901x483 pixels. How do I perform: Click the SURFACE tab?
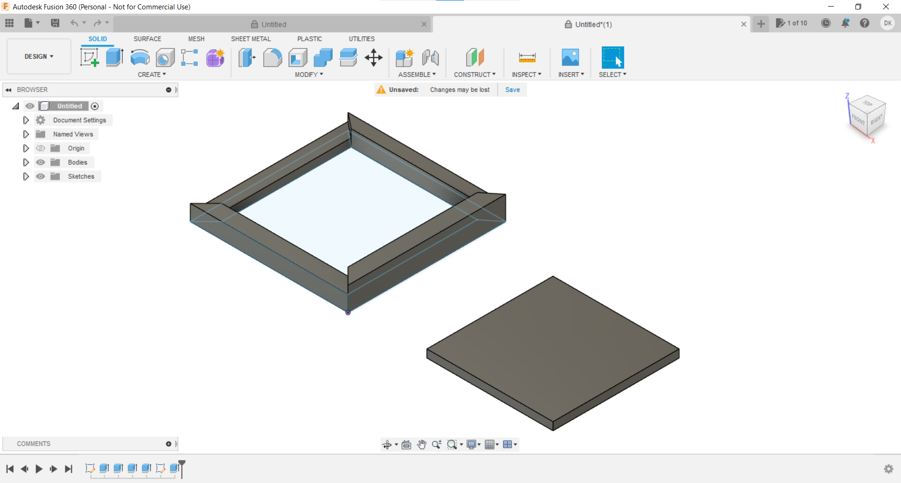coord(147,39)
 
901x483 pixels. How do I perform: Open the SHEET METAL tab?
coord(251,39)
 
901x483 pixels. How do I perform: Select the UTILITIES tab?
coord(361,39)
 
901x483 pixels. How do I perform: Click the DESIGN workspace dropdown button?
coord(39,56)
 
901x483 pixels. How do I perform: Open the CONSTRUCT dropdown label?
coord(474,75)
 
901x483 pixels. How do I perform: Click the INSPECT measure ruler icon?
coord(527,58)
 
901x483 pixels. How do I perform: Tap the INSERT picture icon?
coord(570,58)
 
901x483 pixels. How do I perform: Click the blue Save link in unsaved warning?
coord(512,90)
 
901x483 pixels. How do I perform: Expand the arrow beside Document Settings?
coord(26,120)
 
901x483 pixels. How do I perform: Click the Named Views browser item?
coord(73,134)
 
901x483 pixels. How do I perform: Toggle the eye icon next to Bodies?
coord(41,162)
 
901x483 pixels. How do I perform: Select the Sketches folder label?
coord(81,176)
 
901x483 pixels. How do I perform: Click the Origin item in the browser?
coord(76,148)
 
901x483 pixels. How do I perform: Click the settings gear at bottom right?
coord(888,468)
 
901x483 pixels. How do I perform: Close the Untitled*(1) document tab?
coord(744,24)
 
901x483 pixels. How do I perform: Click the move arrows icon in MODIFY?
coord(374,58)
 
